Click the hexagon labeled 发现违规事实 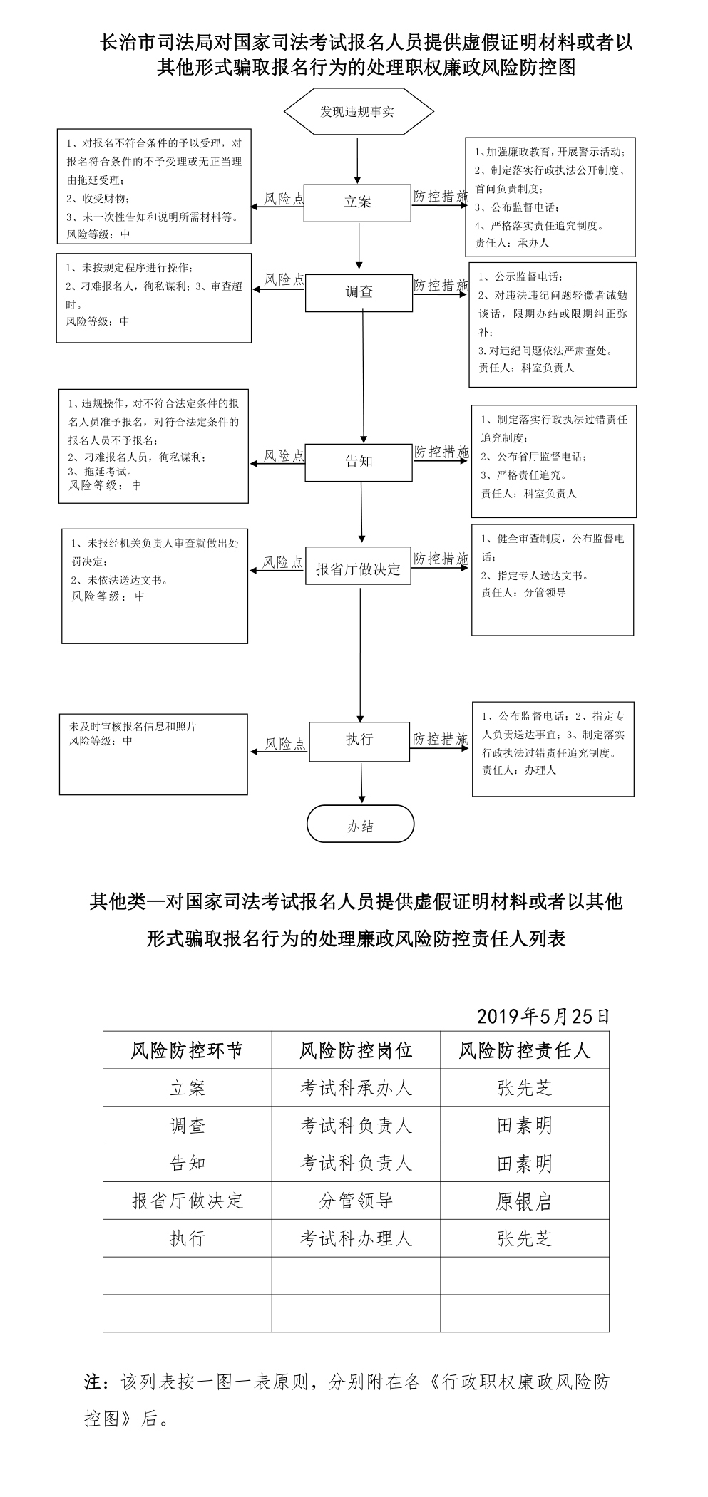(x=359, y=112)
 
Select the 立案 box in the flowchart (x=357, y=202)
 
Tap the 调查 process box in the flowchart (x=359, y=292)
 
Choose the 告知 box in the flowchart (x=359, y=462)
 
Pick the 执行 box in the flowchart (x=359, y=740)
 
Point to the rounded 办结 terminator (x=360, y=824)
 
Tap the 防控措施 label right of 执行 (x=440, y=740)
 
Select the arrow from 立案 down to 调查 (x=358, y=247)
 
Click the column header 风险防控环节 (x=187, y=1050)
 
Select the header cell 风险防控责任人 (x=525, y=1050)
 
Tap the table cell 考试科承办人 (x=356, y=1088)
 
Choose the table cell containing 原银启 (x=525, y=1201)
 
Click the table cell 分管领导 (x=356, y=1201)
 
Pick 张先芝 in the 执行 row (x=525, y=1239)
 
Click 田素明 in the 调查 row (x=525, y=1126)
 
